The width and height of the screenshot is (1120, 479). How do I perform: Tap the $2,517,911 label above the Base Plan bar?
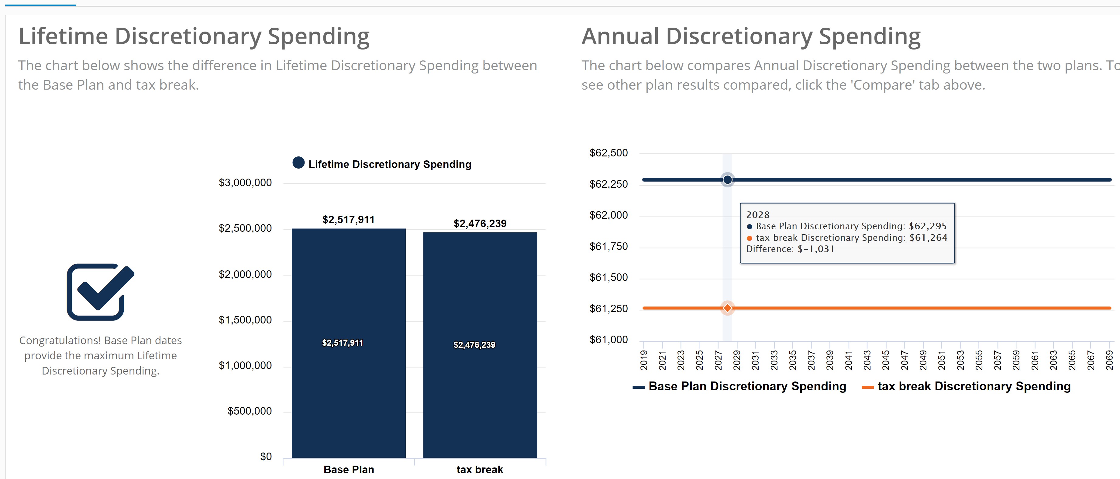pos(348,220)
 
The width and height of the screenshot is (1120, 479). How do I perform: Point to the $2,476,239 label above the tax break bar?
pos(480,224)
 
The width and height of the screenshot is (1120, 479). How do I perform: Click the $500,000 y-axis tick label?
pos(249,411)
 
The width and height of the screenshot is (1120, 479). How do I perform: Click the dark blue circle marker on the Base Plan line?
pos(727,180)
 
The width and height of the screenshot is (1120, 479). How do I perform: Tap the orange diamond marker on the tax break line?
pos(727,308)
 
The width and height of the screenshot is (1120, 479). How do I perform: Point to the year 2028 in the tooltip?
pos(757,215)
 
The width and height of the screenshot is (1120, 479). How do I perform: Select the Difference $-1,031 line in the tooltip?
pos(790,249)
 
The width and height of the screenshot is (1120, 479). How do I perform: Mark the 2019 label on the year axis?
pos(644,360)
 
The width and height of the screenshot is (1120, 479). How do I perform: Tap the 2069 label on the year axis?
pos(1109,360)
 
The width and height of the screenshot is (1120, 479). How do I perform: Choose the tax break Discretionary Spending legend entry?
pos(966,386)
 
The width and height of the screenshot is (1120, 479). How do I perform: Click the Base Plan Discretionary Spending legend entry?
pos(739,386)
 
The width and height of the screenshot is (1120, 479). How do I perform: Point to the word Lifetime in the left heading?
pos(63,36)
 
